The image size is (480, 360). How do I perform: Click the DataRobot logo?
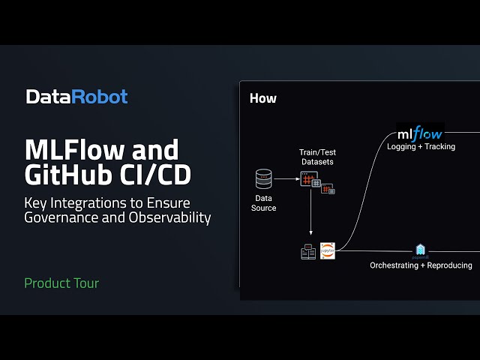tap(76, 97)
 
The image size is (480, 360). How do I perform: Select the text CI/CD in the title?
tap(157, 174)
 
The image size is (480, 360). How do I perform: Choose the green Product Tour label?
tap(61, 283)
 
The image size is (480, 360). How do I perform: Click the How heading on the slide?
tap(262, 98)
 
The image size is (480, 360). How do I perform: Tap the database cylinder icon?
tap(263, 179)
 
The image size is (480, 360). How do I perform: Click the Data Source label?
tap(263, 202)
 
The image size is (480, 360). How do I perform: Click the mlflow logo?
tap(420, 133)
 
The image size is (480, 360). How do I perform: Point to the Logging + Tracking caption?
tap(421, 147)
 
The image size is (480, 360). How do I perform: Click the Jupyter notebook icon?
tap(328, 250)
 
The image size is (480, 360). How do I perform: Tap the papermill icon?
tap(421, 250)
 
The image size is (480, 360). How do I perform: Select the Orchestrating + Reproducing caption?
tap(421, 265)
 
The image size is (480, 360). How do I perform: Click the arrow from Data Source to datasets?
tap(286, 179)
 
